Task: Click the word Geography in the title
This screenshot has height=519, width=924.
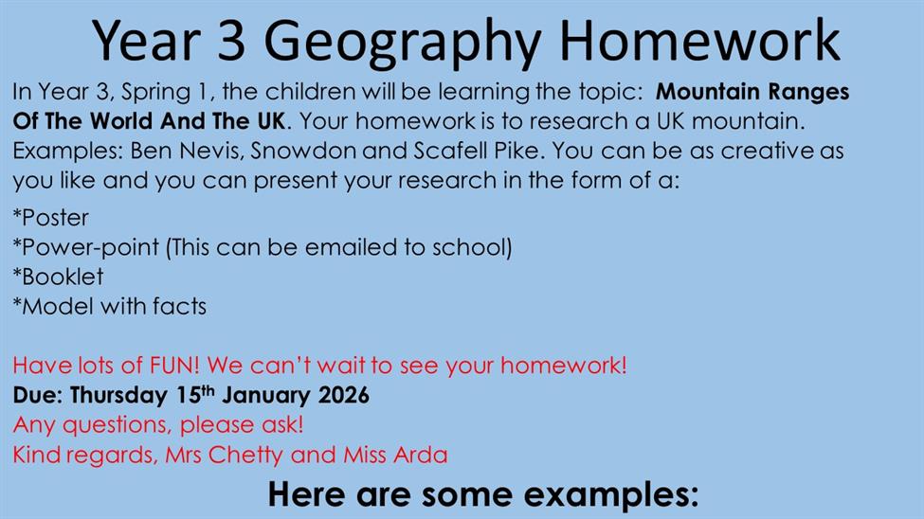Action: (403, 43)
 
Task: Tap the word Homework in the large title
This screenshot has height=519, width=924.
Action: (699, 40)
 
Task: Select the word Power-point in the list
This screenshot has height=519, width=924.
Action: (86, 248)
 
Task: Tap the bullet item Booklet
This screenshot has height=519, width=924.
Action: (58, 277)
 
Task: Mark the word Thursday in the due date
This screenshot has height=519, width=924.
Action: (118, 395)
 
